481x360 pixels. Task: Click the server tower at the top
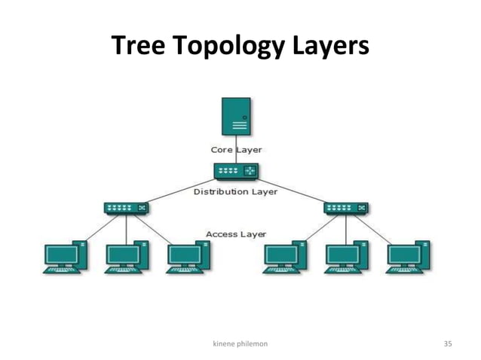coord(236,116)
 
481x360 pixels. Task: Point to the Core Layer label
coord(236,150)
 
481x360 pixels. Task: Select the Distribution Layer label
coord(236,192)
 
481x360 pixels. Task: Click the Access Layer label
coord(236,234)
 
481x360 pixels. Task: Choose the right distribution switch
coord(345,207)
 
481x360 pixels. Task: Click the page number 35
coord(447,343)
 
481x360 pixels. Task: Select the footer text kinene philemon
coord(240,343)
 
